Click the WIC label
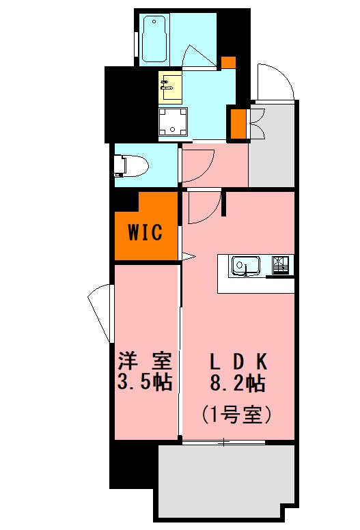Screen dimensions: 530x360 tap(146, 233)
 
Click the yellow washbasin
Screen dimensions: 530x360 tap(170, 86)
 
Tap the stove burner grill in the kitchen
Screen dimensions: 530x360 tap(281, 264)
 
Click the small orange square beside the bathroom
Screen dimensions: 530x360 tap(229, 61)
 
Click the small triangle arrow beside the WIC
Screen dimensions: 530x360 tap(189, 257)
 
